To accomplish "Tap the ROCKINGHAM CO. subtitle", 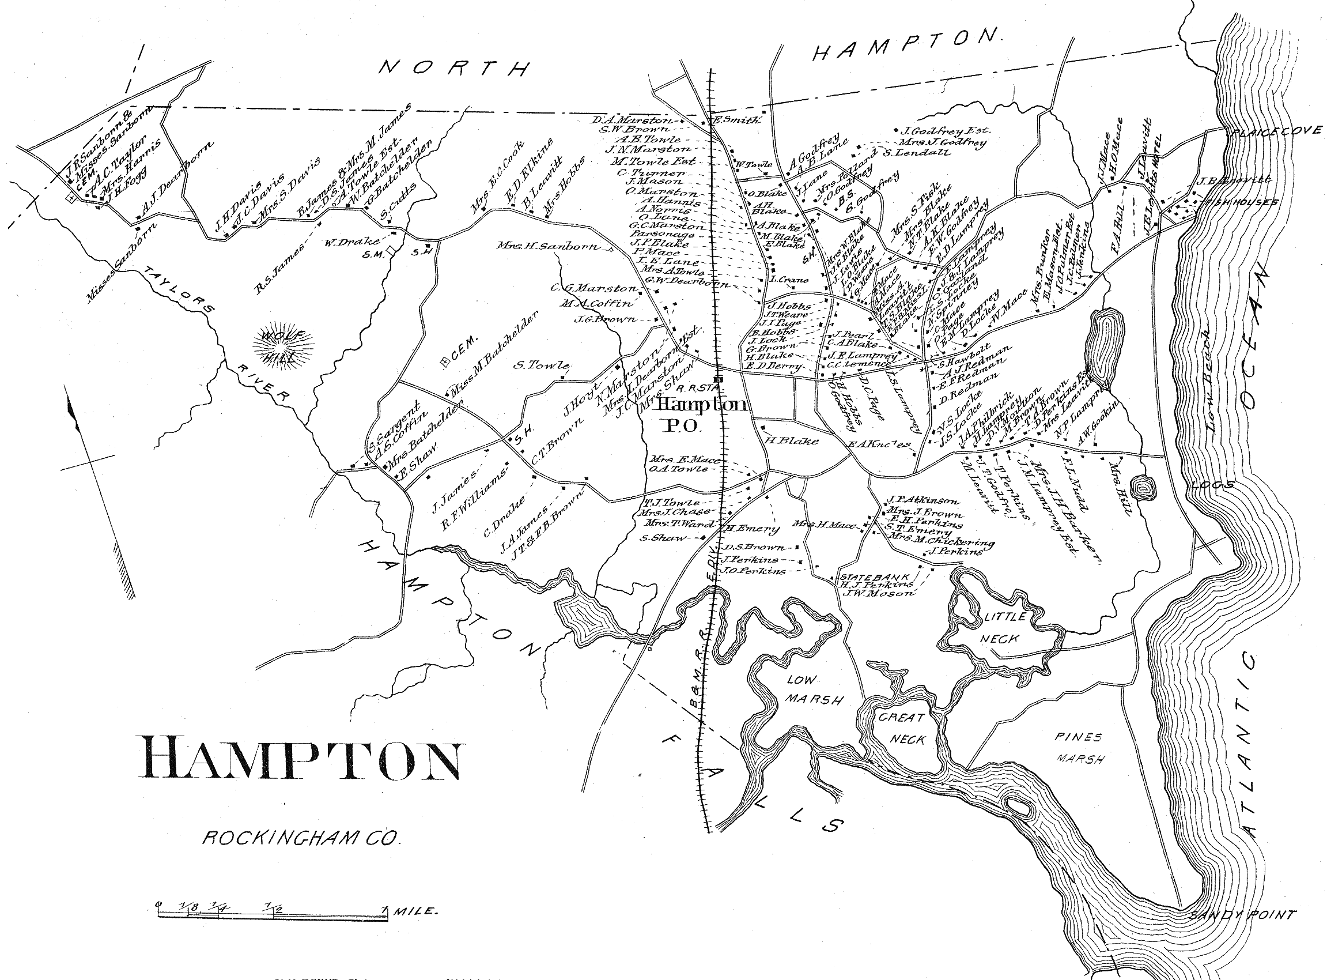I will [302, 838].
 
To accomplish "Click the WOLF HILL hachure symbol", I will [283, 346].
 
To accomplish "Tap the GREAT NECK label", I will [901, 729].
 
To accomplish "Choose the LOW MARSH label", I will [813, 689].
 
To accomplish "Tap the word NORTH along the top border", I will [453, 68].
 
